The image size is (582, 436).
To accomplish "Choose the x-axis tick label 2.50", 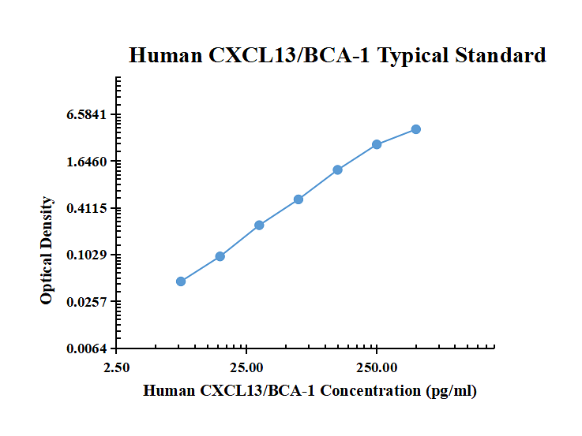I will tap(117, 367).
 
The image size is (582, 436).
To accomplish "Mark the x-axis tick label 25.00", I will tap(246, 367).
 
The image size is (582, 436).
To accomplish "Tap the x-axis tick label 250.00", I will tap(377, 367).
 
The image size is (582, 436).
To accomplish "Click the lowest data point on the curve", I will tap(181, 281).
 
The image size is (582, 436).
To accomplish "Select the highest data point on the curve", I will tap(416, 129).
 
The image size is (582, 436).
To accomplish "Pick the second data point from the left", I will tap(220, 256).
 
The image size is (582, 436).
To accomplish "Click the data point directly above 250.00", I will tap(377, 144).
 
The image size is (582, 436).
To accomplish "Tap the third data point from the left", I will tap(259, 225).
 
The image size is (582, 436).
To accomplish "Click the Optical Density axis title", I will tap(47, 251).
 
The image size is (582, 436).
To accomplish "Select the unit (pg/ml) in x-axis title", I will tap(451, 391).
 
